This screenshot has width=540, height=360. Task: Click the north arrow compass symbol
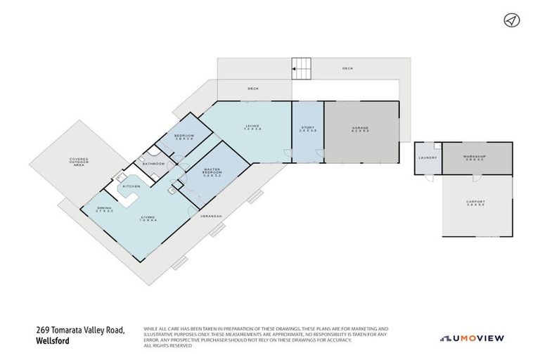[x=511, y=20]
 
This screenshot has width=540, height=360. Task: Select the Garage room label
[x=361, y=129]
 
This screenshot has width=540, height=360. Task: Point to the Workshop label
[x=475, y=158]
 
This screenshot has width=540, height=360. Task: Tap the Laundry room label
[x=427, y=157]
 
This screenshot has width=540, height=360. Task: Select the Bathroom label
[x=153, y=164]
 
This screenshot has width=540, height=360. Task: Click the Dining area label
[x=104, y=210]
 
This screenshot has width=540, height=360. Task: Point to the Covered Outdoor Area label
[x=78, y=162]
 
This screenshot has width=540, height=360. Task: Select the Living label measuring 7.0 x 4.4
[x=148, y=219]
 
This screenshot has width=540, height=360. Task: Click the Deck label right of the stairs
[x=347, y=68]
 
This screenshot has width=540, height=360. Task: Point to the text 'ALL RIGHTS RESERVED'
[x=167, y=346]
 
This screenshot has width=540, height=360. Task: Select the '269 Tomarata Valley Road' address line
[x=80, y=329]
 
